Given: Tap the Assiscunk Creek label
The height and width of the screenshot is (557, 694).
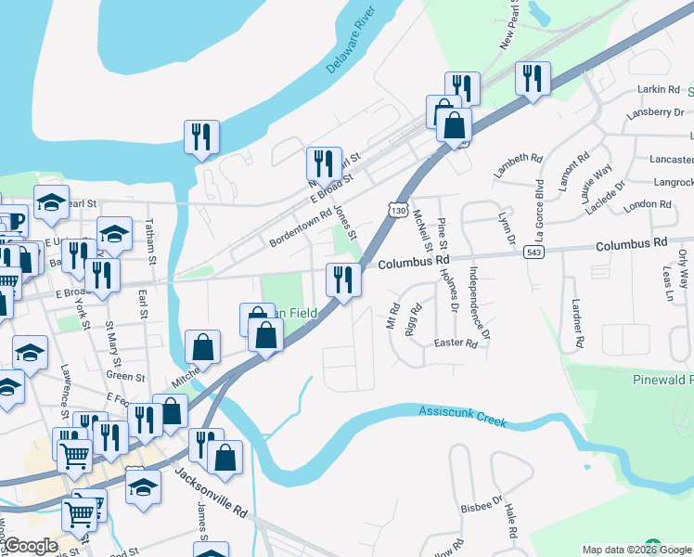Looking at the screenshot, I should tap(462, 415).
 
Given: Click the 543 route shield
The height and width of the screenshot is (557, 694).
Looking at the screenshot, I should tap(532, 251).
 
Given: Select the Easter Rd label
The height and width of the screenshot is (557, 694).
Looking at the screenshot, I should tap(456, 343).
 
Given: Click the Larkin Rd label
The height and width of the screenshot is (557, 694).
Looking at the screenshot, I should tap(660, 89).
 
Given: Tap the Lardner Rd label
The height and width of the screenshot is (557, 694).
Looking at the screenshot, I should tap(577, 321).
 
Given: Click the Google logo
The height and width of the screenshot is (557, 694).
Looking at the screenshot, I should tap(30, 546).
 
